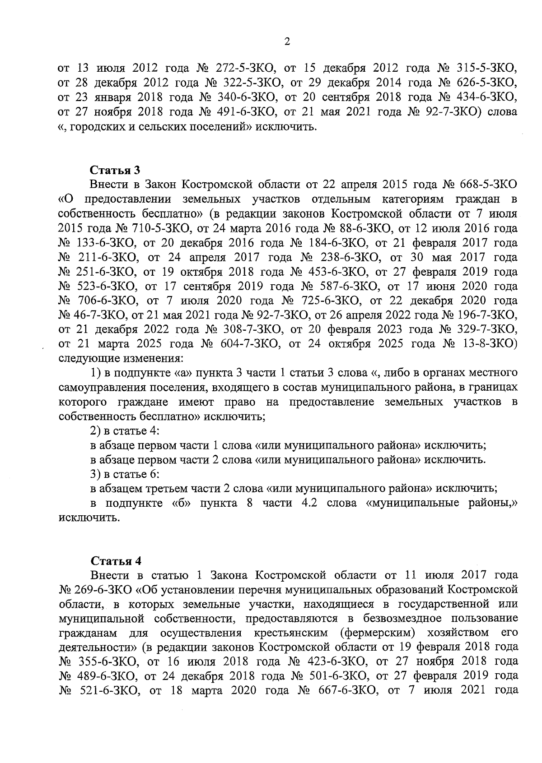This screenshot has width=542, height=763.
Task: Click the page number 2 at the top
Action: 287,42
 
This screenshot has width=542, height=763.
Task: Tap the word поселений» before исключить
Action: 223,127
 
